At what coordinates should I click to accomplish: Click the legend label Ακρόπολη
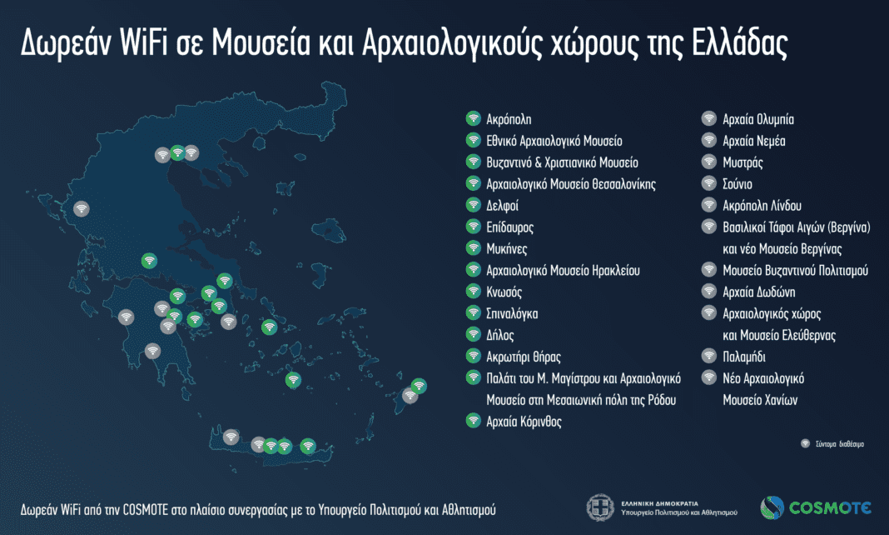(x=509, y=119)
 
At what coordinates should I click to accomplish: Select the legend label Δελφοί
(x=503, y=205)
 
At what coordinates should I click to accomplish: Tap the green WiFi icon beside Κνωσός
(x=472, y=292)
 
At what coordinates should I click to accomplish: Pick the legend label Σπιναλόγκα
(x=512, y=314)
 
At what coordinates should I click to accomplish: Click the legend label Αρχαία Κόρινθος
(x=524, y=422)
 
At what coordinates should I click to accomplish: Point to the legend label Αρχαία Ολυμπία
(x=752, y=119)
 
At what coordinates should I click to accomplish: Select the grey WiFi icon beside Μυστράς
(x=708, y=162)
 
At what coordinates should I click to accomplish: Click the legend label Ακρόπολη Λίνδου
(x=762, y=205)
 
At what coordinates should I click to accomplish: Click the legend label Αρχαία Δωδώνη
(x=759, y=292)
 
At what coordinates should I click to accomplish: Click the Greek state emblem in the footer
(x=600, y=507)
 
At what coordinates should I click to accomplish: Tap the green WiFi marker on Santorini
(x=292, y=380)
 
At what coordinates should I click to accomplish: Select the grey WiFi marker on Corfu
(x=81, y=208)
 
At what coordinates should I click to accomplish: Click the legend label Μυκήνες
(x=506, y=248)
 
